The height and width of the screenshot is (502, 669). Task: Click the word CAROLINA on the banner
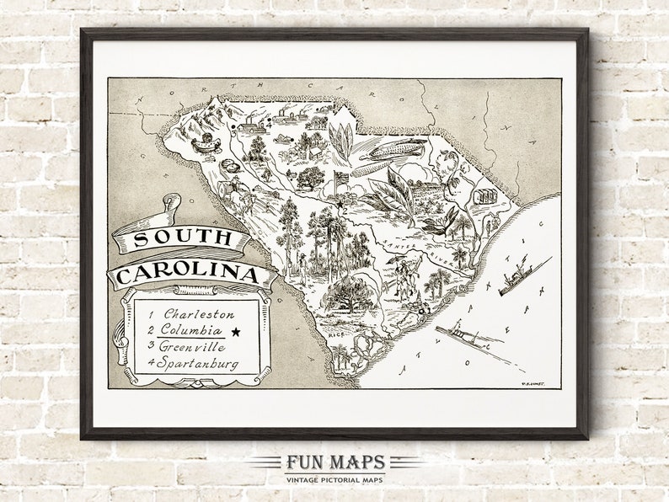point(187,275)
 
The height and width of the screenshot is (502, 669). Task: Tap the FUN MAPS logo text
point(334,462)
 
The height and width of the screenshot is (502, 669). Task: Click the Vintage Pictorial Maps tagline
point(334,478)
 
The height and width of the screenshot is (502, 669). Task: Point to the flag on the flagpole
point(341,178)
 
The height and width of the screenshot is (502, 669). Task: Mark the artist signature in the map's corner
point(531,382)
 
